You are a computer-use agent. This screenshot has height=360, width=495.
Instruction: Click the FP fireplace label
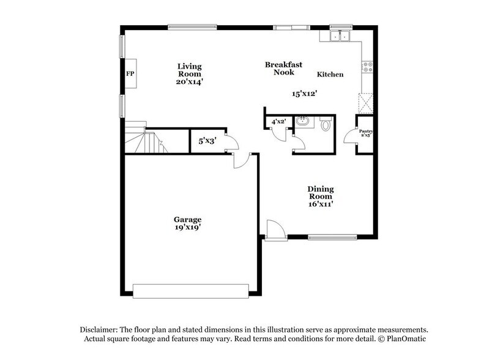[x=130, y=74]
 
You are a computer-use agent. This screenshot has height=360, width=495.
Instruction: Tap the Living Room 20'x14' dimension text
[x=189, y=81]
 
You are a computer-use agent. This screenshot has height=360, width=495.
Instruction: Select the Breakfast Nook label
[x=280, y=68]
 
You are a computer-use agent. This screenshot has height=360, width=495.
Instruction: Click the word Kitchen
[x=330, y=75]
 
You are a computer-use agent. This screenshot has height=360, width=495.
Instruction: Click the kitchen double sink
[x=338, y=36]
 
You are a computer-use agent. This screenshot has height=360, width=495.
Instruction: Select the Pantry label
[x=366, y=133]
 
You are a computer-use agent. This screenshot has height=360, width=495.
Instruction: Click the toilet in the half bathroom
[x=326, y=125]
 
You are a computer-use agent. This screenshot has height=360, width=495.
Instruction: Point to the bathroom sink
[x=302, y=122]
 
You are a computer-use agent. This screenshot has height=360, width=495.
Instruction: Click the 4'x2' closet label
[x=279, y=122]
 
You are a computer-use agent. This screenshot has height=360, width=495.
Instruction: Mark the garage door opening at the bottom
[x=192, y=290]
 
